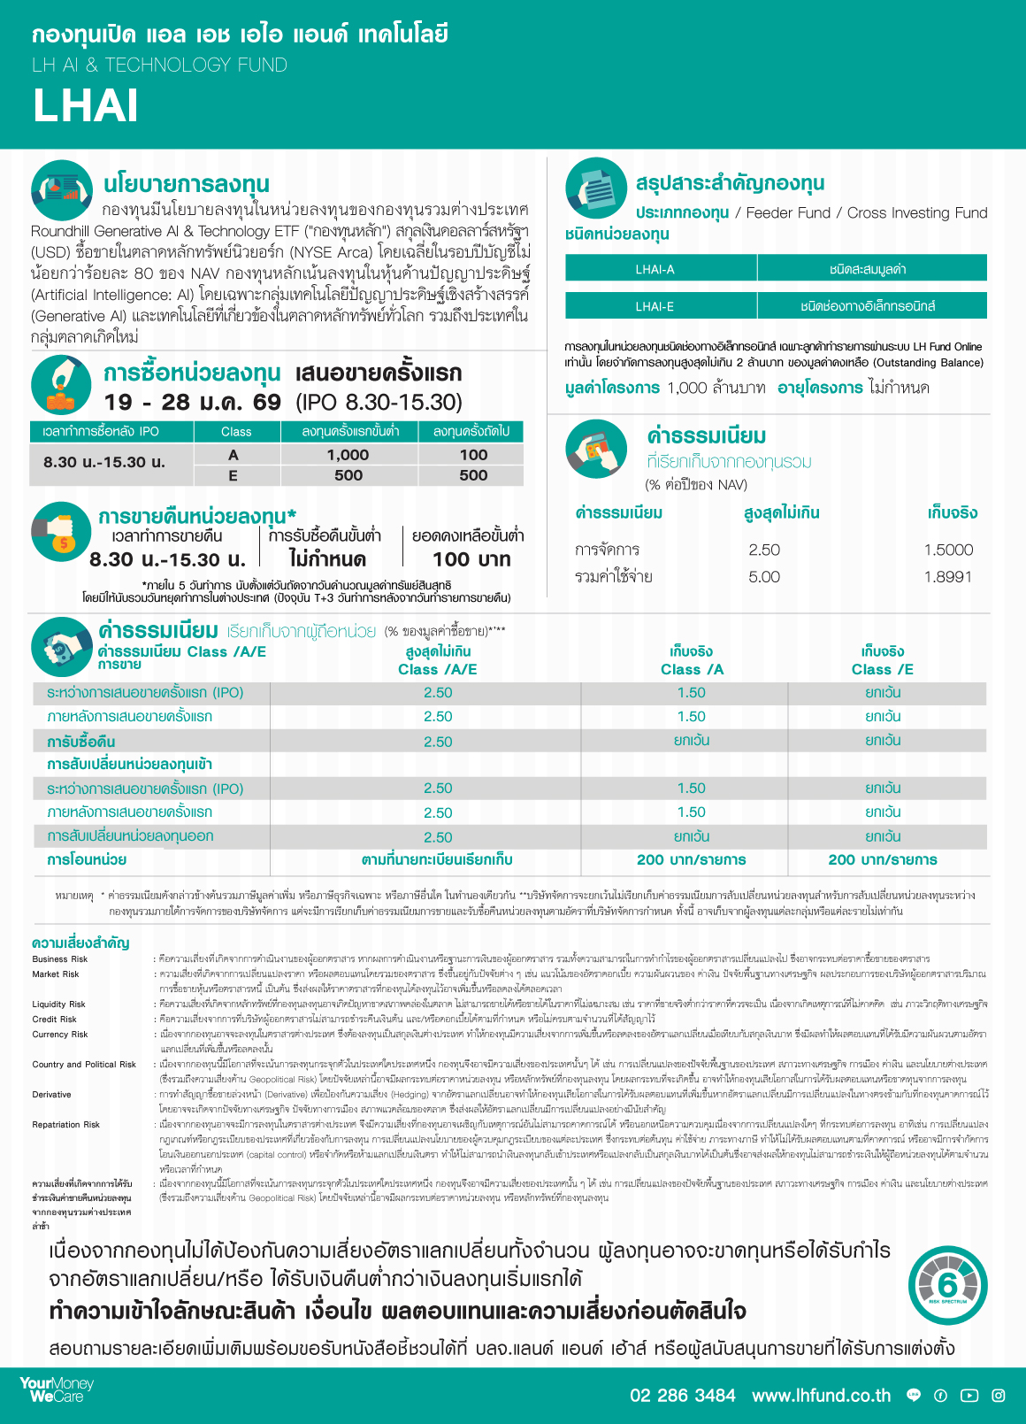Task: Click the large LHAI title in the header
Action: point(86,106)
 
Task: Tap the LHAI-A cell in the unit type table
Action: point(655,269)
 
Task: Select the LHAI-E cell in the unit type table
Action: point(655,306)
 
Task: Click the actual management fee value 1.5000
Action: point(948,550)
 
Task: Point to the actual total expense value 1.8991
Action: point(948,577)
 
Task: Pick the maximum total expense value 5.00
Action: point(764,577)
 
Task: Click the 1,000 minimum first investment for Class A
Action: point(348,455)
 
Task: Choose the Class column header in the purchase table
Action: point(236,432)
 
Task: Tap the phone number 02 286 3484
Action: point(682,1396)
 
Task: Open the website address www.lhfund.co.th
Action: point(821,1396)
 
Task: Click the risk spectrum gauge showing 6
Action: point(947,1285)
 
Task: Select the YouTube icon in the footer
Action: point(969,1396)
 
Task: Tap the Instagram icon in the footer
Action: point(999,1396)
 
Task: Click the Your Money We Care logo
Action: point(57,1389)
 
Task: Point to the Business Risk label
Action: point(60,959)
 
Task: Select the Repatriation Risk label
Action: point(67,1125)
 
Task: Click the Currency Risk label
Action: point(60,1035)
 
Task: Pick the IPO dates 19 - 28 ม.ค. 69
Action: point(193,403)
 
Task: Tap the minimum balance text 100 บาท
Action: point(471,559)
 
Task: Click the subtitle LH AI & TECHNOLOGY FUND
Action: point(159,65)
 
